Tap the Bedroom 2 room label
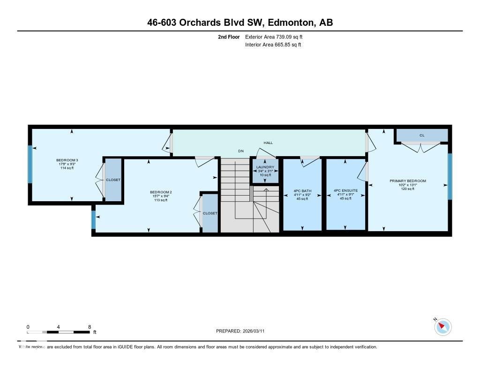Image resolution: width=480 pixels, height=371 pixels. coord(158,192)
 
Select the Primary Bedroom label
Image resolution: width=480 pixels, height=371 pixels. coord(407,181)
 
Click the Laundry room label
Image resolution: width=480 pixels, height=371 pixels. coord(265,167)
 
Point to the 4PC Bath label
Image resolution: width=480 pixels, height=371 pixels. coord(302,191)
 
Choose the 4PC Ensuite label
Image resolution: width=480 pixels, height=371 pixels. coord(345,191)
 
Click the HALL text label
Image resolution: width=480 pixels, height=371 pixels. coord(268,143)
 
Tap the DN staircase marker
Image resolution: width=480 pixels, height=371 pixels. coord(241,151)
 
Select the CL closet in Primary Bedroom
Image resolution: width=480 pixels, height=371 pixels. coord(422,135)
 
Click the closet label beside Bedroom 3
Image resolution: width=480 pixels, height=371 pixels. coord(113,180)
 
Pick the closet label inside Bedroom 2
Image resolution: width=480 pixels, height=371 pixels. coord(210,213)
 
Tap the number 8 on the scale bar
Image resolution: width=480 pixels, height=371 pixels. coord(89,326)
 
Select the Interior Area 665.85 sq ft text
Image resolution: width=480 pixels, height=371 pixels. coord(273,45)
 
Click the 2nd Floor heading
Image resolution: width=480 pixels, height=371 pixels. coord(229,37)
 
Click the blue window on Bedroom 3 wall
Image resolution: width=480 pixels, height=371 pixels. coord(30,164)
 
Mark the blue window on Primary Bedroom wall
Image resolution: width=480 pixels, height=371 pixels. coord(450,176)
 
